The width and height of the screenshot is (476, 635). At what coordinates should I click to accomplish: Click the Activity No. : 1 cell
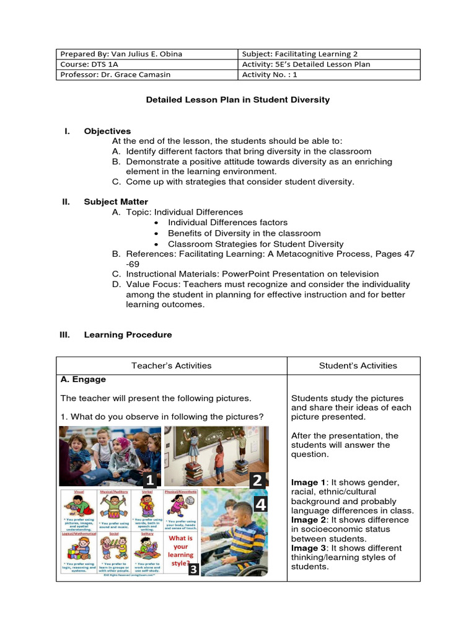270,75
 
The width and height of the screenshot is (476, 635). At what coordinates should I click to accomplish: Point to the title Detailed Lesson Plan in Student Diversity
237,99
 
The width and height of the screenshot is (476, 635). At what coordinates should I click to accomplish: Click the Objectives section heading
107,131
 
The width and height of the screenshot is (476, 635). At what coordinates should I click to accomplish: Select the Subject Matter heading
116,202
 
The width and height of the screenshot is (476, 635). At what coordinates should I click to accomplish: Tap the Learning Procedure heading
128,334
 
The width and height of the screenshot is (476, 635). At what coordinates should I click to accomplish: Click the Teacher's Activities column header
171,365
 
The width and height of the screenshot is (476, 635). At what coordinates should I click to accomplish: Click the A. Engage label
83,379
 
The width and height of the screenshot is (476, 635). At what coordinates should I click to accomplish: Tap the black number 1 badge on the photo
149,479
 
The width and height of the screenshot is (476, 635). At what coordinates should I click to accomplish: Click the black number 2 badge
258,479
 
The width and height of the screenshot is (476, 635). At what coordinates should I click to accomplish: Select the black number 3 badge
193,569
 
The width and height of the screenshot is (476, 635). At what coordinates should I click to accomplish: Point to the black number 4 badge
260,505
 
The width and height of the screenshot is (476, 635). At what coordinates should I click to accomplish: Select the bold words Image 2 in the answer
307,520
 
